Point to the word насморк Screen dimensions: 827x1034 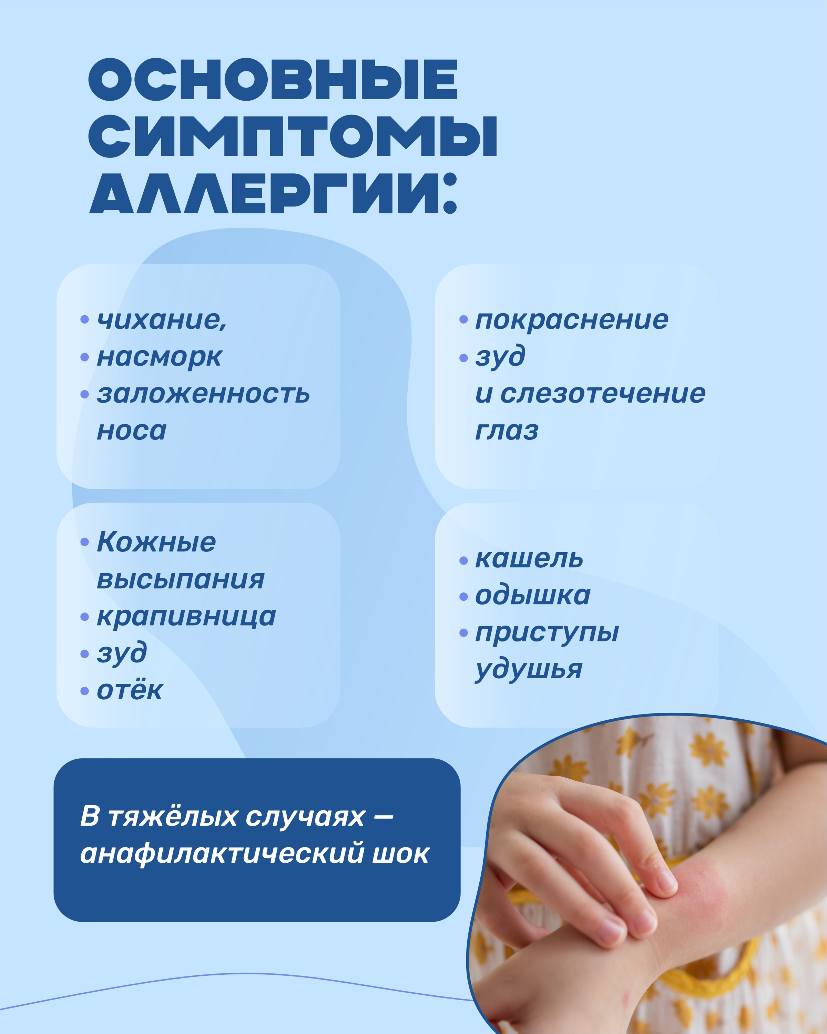tap(160, 357)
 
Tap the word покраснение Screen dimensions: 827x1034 tap(571, 320)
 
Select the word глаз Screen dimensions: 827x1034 tap(507, 431)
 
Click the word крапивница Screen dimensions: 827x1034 tap(186, 617)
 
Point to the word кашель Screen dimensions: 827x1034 tap(529, 559)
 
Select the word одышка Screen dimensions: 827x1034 tap(533, 596)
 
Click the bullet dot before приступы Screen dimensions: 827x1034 tap(463, 633)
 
